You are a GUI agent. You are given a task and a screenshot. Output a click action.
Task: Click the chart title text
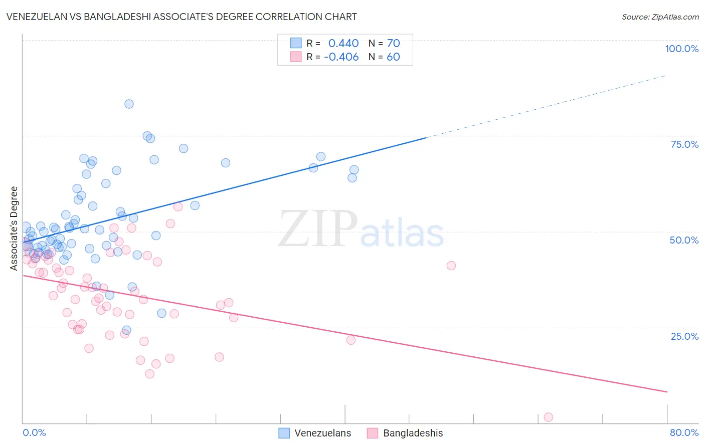[x=182, y=17]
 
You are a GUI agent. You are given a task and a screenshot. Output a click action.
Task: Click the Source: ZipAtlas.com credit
[x=660, y=17]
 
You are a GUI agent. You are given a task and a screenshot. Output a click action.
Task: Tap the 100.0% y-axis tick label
[x=681, y=49]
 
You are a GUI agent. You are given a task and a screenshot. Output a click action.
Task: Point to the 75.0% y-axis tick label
[x=684, y=144]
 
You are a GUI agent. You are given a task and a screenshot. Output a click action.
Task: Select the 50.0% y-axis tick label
[x=684, y=240]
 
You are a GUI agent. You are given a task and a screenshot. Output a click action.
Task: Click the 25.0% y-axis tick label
[x=684, y=336]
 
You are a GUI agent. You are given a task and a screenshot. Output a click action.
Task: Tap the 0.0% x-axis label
[x=34, y=432]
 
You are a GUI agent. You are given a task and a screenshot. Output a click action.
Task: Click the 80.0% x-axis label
[x=684, y=432]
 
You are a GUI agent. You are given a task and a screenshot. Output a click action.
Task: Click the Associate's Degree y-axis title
[x=14, y=229]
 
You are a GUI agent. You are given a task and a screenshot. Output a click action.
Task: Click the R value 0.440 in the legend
[x=343, y=44]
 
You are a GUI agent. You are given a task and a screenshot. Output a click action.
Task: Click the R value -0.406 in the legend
[x=341, y=57]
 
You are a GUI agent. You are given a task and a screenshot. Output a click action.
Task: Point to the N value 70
[x=393, y=44]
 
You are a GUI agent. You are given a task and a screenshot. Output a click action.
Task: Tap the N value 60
[x=393, y=57]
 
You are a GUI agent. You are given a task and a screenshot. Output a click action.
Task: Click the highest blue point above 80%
[x=129, y=104]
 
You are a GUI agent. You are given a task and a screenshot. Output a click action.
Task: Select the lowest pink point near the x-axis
[x=548, y=417]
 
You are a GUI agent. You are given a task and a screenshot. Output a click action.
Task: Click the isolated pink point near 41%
[x=451, y=266]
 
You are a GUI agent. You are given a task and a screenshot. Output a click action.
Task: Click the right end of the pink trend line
[x=666, y=391]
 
